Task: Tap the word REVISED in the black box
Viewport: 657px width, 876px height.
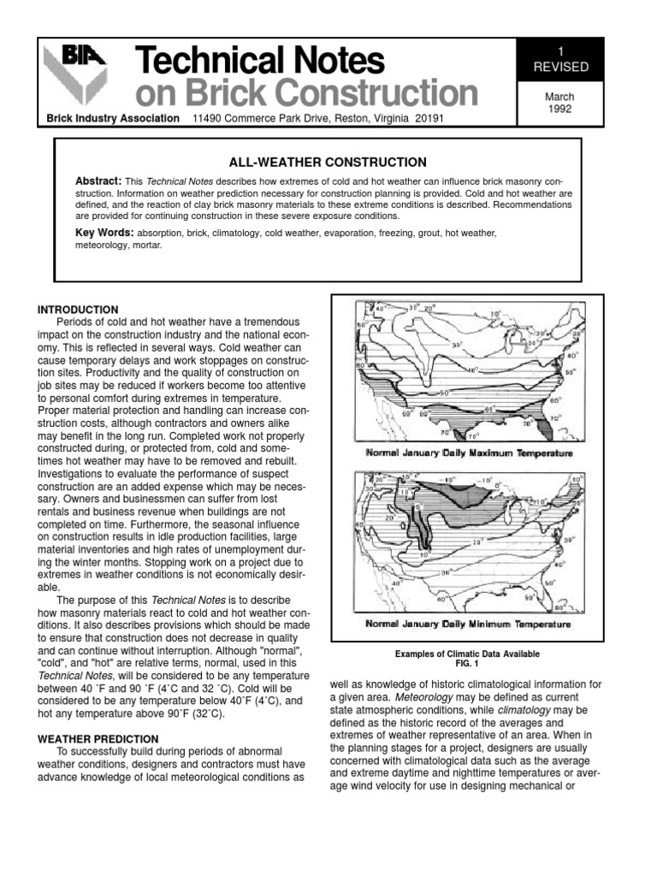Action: click(555, 66)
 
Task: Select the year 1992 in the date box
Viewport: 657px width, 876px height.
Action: click(555, 109)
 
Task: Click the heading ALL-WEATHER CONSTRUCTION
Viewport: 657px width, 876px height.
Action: click(316, 162)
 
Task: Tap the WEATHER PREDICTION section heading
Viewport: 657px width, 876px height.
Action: click(98, 738)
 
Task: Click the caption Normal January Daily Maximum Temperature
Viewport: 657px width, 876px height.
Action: click(468, 453)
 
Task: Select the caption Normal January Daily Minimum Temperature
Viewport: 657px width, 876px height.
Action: click(468, 624)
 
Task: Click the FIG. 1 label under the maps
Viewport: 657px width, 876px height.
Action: click(467, 664)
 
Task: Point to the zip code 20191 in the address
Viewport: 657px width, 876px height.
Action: click(426, 119)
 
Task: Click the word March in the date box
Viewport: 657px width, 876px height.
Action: click(555, 97)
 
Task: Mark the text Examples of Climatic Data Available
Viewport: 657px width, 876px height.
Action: click(467, 654)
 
